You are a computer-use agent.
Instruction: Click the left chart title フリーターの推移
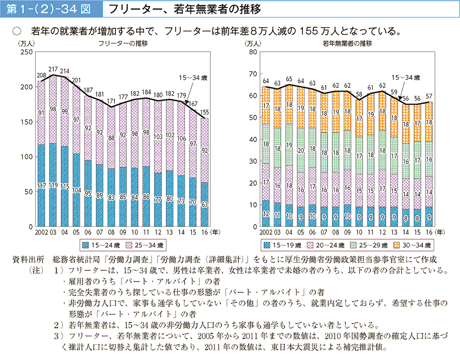(123, 43)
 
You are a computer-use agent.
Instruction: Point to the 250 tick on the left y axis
(25, 52)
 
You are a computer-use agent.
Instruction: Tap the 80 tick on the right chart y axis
(254, 52)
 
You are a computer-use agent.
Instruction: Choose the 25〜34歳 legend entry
(146, 244)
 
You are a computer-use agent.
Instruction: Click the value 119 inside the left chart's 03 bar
(53, 184)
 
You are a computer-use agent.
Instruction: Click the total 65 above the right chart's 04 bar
(289, 79)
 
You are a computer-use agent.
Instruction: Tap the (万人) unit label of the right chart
(252, 43)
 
